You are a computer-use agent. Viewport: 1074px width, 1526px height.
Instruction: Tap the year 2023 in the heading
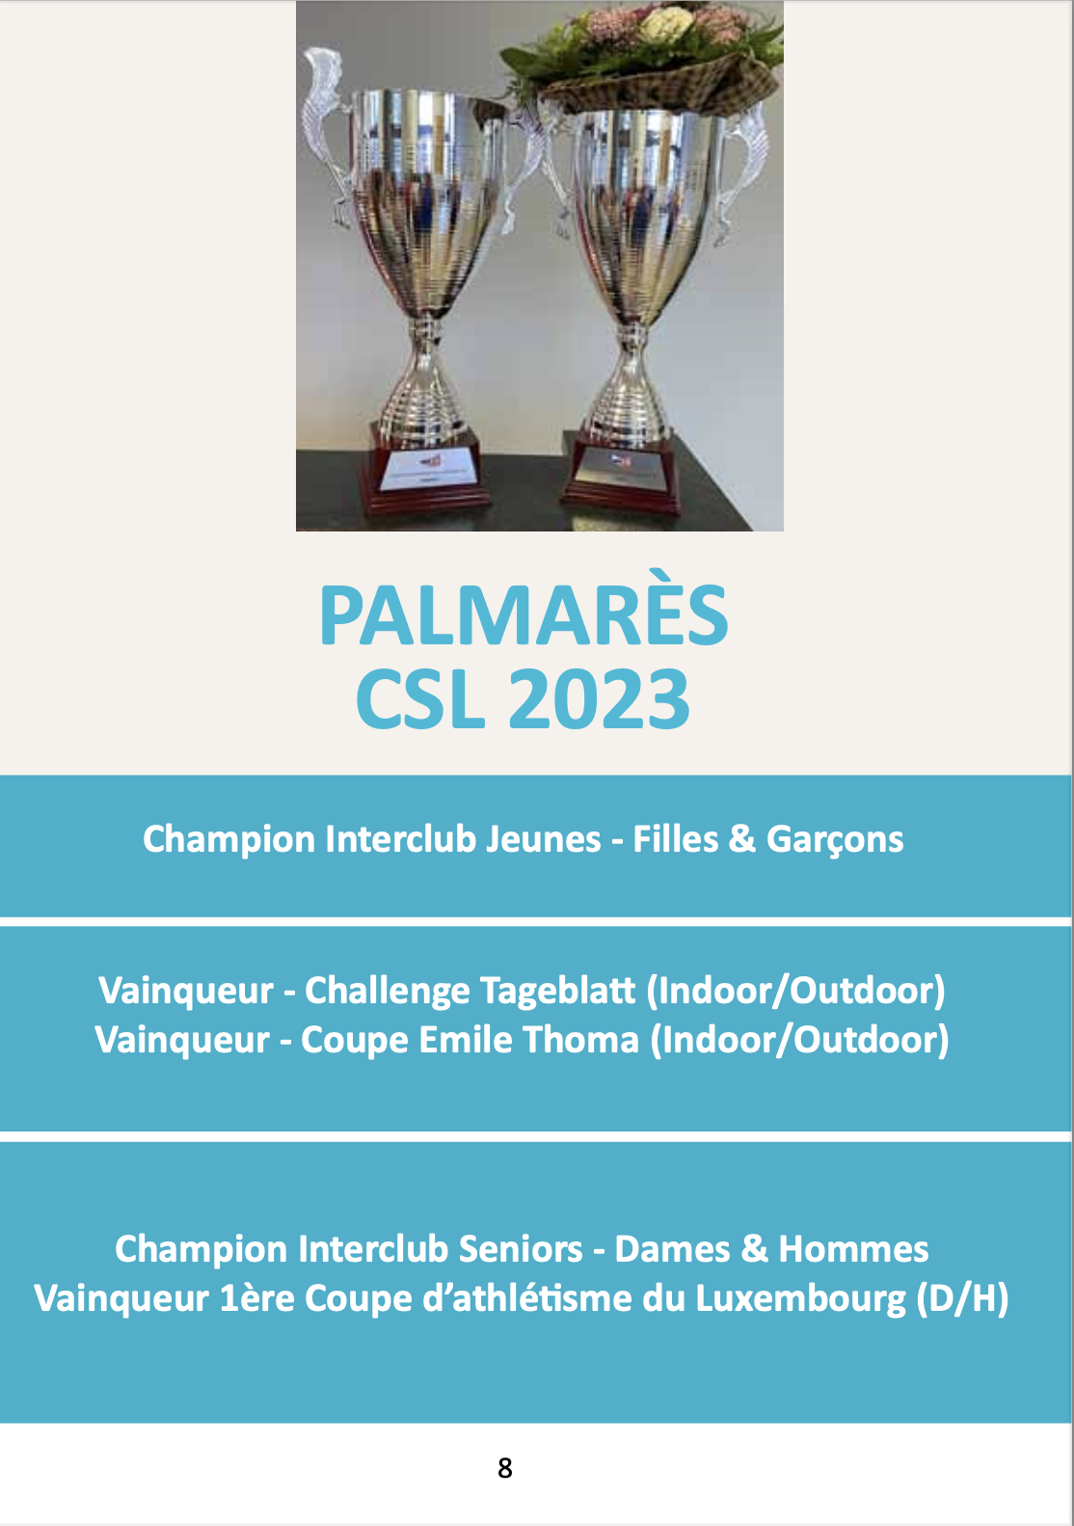[600, 699]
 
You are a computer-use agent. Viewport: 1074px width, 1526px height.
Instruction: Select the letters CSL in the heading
[420, 699]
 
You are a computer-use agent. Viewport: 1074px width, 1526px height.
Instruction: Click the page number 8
[504, 1468]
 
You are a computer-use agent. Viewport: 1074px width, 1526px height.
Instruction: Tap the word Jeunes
[543, 839]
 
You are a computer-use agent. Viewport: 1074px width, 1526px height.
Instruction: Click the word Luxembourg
[801, 1300]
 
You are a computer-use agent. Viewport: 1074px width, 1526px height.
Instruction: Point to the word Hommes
[853, 1249]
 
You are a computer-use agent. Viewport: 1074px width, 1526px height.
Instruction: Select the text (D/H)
[962, 1299]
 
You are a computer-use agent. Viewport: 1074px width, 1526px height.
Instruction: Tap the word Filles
[676, 839]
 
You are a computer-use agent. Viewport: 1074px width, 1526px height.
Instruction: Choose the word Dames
[672, 1249]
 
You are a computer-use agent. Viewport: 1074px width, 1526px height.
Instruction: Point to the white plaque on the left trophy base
[428, 469]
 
